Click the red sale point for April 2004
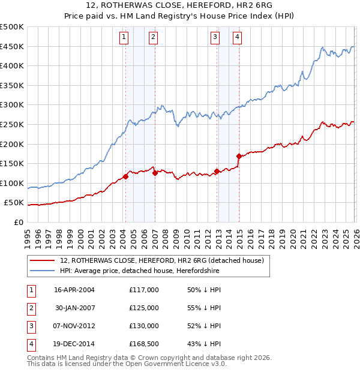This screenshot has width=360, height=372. click(125, 176)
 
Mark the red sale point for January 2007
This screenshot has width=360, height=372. click(155, 173)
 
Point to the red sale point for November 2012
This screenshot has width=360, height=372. click(216, 172)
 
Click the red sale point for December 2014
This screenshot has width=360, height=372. click(239, 157)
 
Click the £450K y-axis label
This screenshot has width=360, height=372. click(12, 46)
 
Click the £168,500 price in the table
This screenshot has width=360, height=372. click(143, 344)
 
